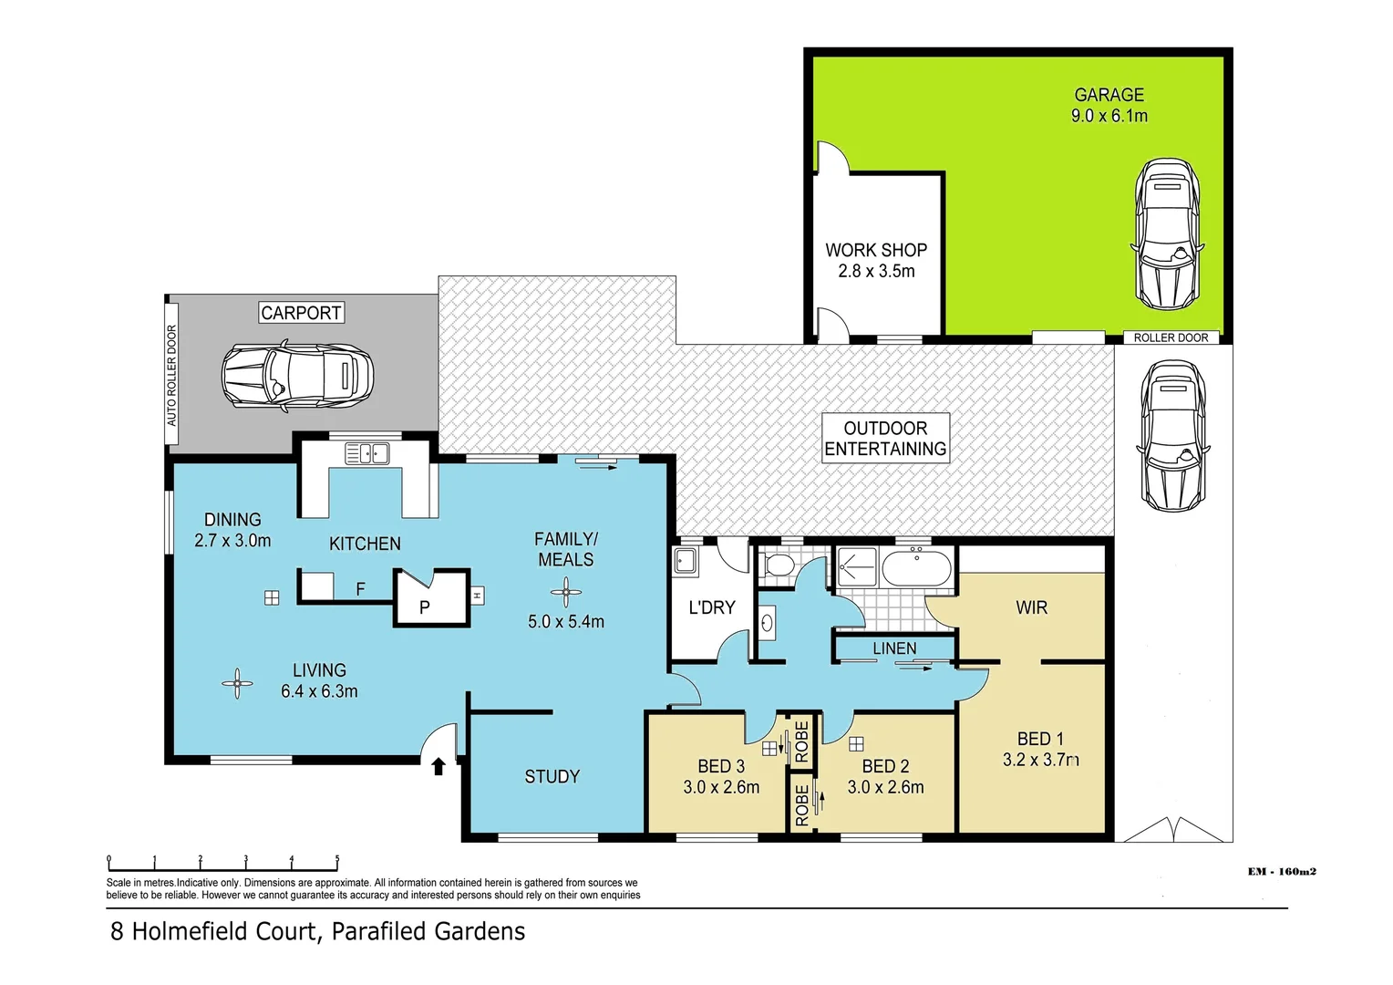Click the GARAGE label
click(1109, 95)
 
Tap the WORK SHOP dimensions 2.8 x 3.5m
click(876, 271)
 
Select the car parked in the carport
click(297, 376)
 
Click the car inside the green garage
click(1168, 234)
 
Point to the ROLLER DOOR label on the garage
click(1171, 337)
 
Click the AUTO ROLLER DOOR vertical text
click(171, 376)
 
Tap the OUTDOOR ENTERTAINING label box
click(885, 439)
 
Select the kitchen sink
click(366, 453)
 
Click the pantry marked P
click(425, 606)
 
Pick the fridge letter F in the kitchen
click(360, 589)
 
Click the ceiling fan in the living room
click(237, 683)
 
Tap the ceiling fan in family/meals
click(565, 593)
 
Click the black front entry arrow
click(438, 766)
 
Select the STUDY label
click(552, 776)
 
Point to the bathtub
click(916, 568)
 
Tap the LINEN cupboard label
click(894, 648)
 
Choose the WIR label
click(1031, 607)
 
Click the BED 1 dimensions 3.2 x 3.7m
click(1040, 760)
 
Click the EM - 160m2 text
click(1282, 872)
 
